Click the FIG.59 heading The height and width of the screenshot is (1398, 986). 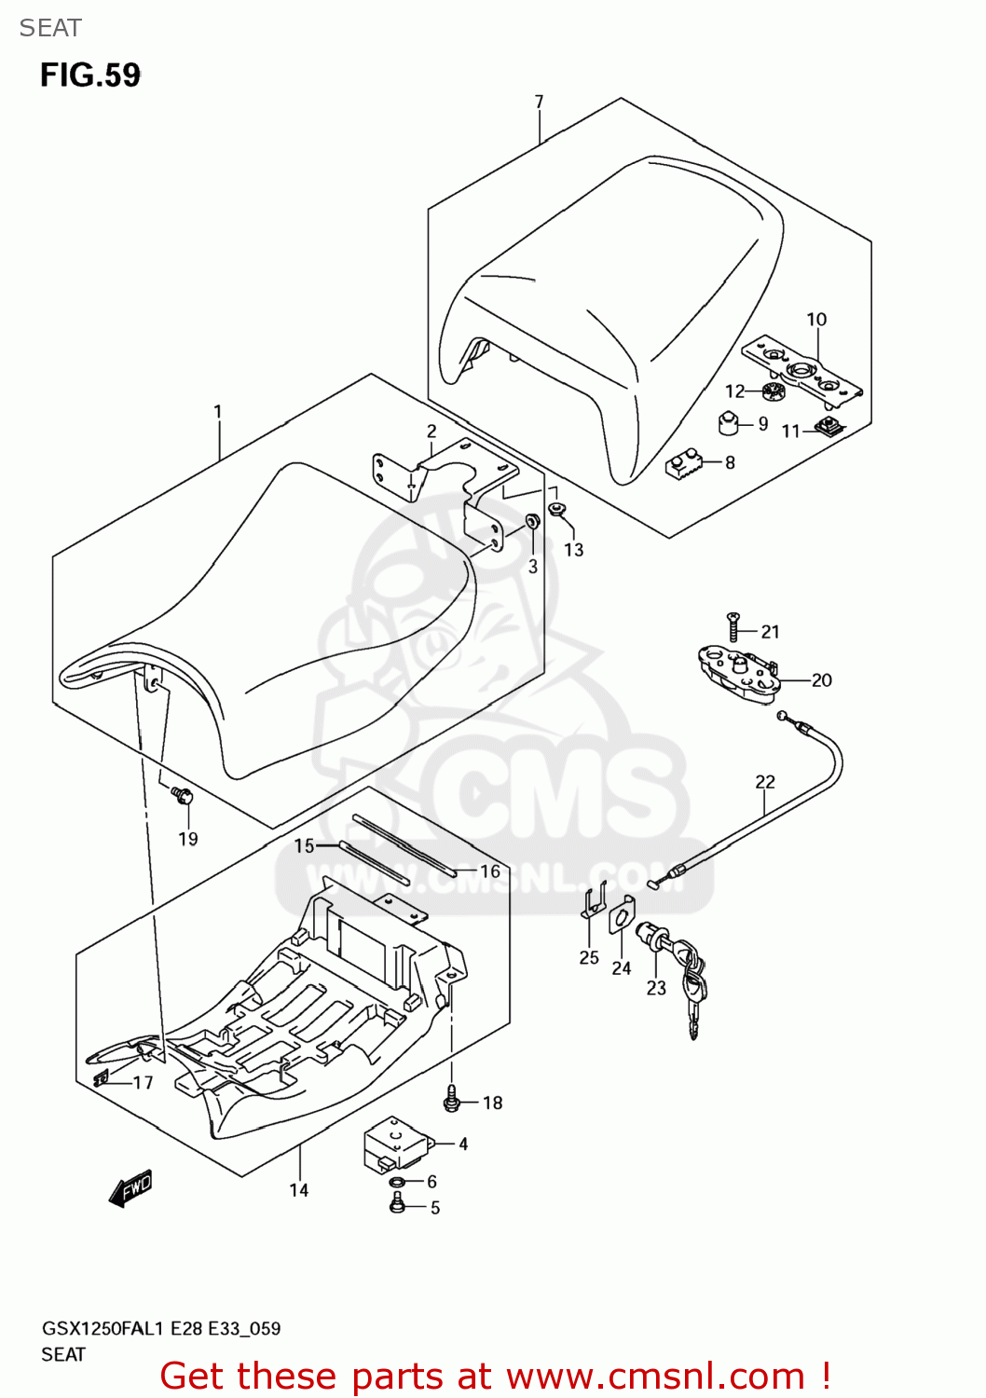(89, 75)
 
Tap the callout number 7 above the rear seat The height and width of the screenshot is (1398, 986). (539, 102)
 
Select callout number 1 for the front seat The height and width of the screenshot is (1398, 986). (217, 411)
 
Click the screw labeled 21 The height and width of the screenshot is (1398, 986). (733, 627)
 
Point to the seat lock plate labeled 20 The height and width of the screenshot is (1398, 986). (736, 673)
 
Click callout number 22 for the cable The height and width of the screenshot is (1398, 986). (764, 782)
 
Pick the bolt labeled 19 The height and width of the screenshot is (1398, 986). (182, 796)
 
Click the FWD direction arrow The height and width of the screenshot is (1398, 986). (130, 1189)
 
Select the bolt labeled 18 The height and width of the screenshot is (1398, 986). (452, 1099)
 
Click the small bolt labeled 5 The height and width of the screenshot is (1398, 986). (396, 1205)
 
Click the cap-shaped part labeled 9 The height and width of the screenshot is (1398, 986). (728, 423)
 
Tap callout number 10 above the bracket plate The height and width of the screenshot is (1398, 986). (816, 320)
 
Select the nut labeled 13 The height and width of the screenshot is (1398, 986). (556, 509)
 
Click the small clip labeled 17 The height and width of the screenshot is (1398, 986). (102, 1079)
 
